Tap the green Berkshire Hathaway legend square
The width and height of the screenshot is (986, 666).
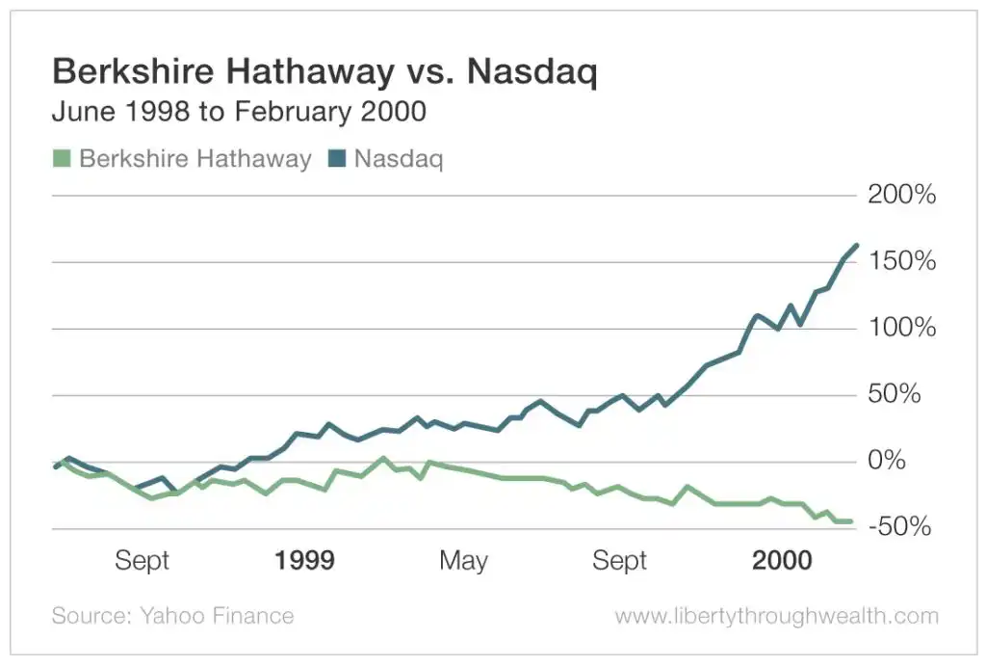[x=62, y=158]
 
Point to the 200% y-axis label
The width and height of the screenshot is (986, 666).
[x=901, y=196]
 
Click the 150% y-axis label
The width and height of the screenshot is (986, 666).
[x=901, y=262]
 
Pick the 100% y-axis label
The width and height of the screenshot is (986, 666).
[x=901, y=329]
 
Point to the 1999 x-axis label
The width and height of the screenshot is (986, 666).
[x=304, y=561]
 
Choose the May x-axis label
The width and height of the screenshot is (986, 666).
[x=463, y=561]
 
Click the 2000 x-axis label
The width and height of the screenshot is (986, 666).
[x=782, y=561]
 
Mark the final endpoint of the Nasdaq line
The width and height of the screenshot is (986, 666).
[x=856, y=246]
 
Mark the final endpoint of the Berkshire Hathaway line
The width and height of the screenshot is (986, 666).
[x=850, y=521]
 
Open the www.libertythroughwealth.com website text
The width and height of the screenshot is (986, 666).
[x=776, y=616]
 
